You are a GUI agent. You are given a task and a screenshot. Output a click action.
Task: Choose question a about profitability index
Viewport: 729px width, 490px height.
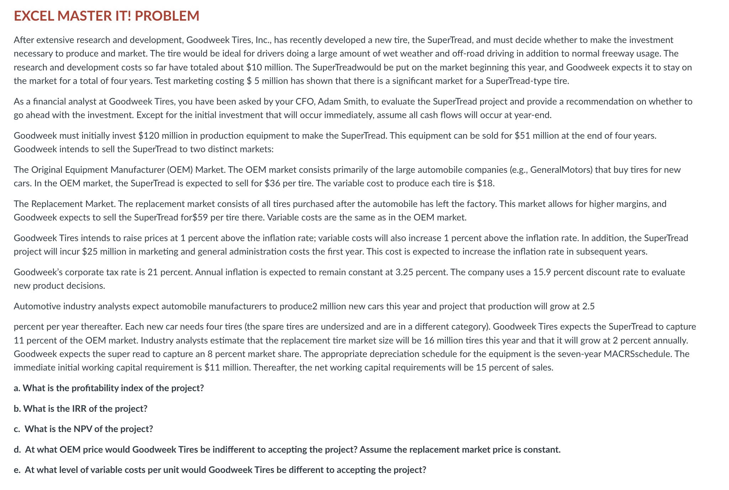click(109, 388)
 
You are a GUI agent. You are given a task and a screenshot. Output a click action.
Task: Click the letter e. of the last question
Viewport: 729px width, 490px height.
click(17, 470)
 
